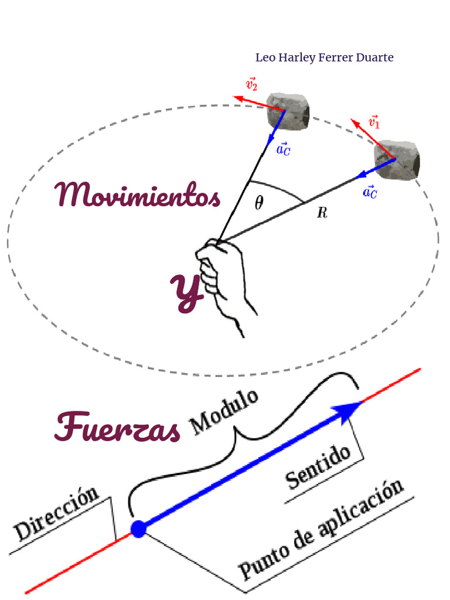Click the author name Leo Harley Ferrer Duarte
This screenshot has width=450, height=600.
[x=324, y=57]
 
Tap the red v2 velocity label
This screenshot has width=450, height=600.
[x=251, y=84]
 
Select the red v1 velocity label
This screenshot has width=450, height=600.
[x=374, y=122]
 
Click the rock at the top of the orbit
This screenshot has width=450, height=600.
[x=288, y=111]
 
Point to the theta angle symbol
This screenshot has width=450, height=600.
[x=258, y=203]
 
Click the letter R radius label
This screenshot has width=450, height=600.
[x=322, y=213]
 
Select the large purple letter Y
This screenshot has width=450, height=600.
[x=187, y=292]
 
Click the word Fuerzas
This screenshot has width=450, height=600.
[x=117, y=427]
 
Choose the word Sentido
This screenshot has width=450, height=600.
[x=318, y=467]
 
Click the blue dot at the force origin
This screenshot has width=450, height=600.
[x=138, y=529]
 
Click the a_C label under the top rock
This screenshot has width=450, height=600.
[x=283, y=149]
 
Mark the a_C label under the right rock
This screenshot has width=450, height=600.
[x=370, y=192]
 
